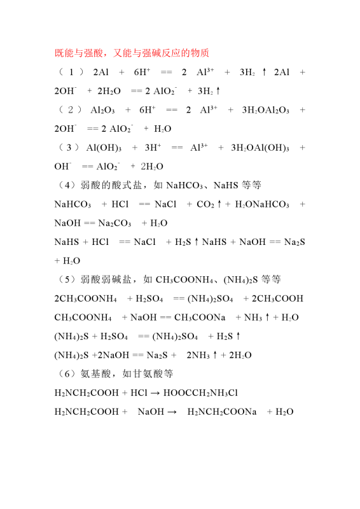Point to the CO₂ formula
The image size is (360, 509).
205,204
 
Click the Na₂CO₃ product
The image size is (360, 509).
115,223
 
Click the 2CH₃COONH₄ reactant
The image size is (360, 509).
85,298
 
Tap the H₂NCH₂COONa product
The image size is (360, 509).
222,412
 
